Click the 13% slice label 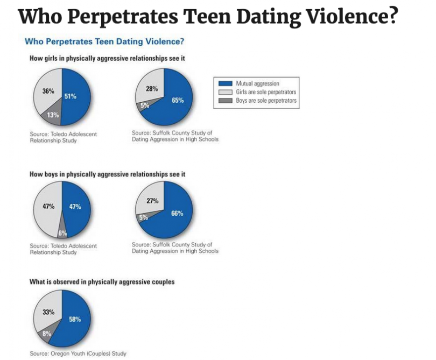(x=53, y=115)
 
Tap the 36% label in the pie (x=48, y=91)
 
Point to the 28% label (x=151, y=89)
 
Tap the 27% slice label (x=152, y=201)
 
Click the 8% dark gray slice (x=47, y=334)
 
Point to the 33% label (x=48, y=312)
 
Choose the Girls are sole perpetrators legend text (x=266, y=92)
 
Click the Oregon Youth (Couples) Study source (x=78, y=354)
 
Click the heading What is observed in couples (x=102, y=281)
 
